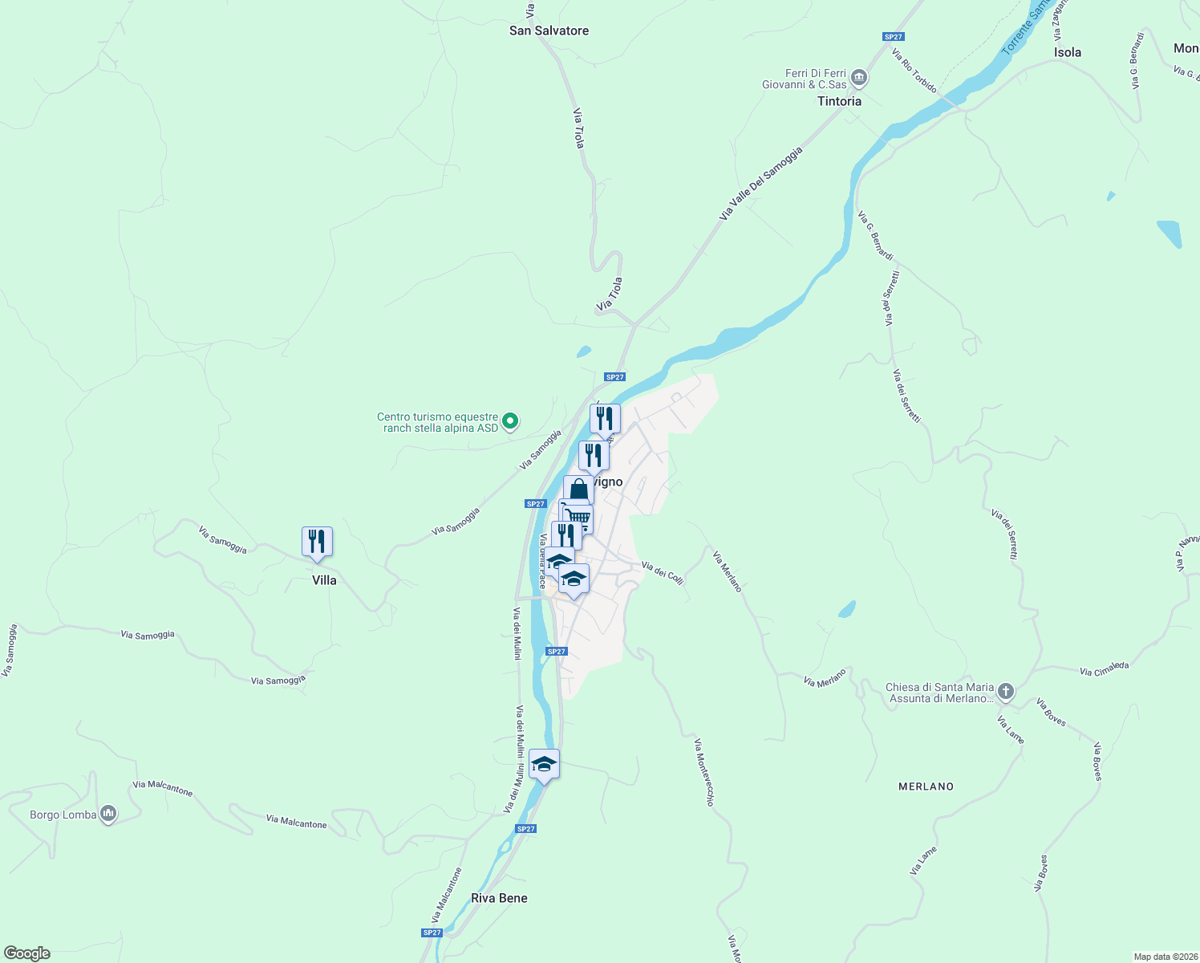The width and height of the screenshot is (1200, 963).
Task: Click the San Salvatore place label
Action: [x=549, y=30]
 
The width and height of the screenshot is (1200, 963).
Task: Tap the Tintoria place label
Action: [x=839, y=101]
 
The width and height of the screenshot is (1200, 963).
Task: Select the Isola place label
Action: [x=1067, y=52]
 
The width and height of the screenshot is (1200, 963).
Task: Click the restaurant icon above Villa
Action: [x=317, y=542]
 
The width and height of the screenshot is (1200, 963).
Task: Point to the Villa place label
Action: [x=324, y=580]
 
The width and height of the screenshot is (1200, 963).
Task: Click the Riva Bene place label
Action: [x=499, y=898]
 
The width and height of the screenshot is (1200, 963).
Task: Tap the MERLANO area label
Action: [x=926, y=786]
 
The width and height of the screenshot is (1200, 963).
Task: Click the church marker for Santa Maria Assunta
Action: [x=1006, y=692]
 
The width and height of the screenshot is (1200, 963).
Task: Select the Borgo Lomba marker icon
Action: [x=108, y=815]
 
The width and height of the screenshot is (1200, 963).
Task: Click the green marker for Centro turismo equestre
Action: [x=509, y=421]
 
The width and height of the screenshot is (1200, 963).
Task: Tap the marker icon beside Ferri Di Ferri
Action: [x=859, y=78]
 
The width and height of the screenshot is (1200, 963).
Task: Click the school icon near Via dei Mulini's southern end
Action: [x=544, y=764]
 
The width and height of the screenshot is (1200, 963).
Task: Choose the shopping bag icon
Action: [x=578, y=490]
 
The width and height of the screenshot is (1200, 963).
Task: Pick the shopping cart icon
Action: [x=577, y=515]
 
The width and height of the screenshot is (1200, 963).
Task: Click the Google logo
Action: [x=26, y=953]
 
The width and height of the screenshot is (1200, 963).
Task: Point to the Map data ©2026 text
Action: [x=1165, y=957]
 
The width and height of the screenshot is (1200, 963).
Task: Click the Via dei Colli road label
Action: [x=663, y=572]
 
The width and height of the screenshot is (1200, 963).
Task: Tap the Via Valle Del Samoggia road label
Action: [x=760, y=184]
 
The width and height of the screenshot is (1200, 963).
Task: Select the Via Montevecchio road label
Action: [x=704, y=772]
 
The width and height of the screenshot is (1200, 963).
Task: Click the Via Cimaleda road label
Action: [x=1104, y=669]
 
